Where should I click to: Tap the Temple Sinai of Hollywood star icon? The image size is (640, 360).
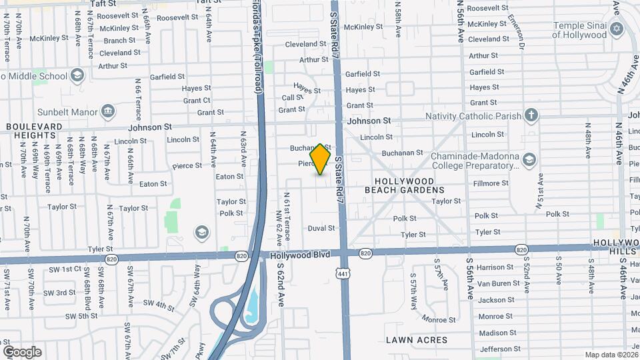point(617,29)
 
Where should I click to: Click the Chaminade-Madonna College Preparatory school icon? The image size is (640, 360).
point(529,159)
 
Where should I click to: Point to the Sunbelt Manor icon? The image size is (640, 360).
point(107,111)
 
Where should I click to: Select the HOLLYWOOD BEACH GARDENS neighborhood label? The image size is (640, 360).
point(404,185)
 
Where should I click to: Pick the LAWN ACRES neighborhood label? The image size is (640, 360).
point(417,340)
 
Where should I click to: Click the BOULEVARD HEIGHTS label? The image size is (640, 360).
point(34,131)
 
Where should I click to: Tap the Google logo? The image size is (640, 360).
point(22,352)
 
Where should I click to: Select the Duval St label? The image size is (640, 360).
point(321,228)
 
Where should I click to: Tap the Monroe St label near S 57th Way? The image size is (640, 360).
point(439,320)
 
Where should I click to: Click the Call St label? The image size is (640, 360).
point(293,97)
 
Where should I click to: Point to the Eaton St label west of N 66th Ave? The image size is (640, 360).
point(153,184)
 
